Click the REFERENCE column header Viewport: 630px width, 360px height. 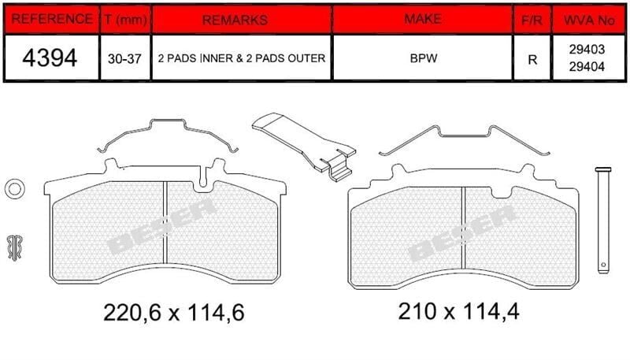click(51, 19)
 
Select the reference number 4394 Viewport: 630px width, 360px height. click(50, 58)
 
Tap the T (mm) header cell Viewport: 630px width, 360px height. click(125, 19)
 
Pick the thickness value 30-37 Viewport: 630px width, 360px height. click(124, 59)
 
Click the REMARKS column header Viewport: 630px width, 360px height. click(235, 20)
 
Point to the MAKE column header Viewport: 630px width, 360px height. click(423, 18)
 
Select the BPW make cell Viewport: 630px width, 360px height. click(424, 58)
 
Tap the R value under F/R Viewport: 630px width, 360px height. click(532, 60)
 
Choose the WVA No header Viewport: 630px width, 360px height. click(589, 20)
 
